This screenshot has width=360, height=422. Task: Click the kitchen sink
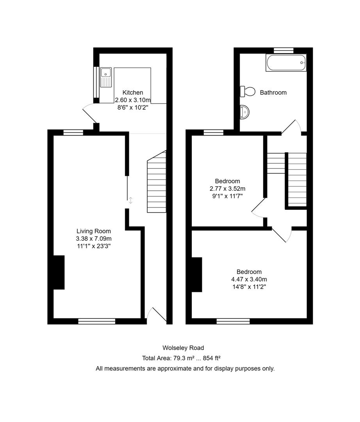click(106, 77)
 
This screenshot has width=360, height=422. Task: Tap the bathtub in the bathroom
click(286, 63)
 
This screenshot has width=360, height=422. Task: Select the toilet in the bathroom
click(247, 91)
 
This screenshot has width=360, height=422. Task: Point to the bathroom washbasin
click(245, 112)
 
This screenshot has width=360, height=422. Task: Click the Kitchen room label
click(133, 93)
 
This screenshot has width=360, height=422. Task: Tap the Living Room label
click(94, 231)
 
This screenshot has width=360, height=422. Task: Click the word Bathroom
click(273, 93)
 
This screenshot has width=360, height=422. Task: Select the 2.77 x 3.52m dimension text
click(227, 189)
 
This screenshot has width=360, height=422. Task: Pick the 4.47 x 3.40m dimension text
click(249, 279)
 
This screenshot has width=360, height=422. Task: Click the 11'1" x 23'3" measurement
click(94, 246)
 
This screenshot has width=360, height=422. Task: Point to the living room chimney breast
click(59, 272)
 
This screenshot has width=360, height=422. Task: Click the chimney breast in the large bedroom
click(197, 274)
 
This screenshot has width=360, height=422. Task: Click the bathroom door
click(291, 127)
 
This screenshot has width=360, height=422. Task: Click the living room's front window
click(97, 321)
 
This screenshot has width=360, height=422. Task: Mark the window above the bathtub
click(283, 50)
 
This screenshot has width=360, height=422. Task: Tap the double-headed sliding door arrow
click(131, 200)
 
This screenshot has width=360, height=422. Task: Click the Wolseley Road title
click(183, 348)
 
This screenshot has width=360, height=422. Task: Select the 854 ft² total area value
click(214, 358)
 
